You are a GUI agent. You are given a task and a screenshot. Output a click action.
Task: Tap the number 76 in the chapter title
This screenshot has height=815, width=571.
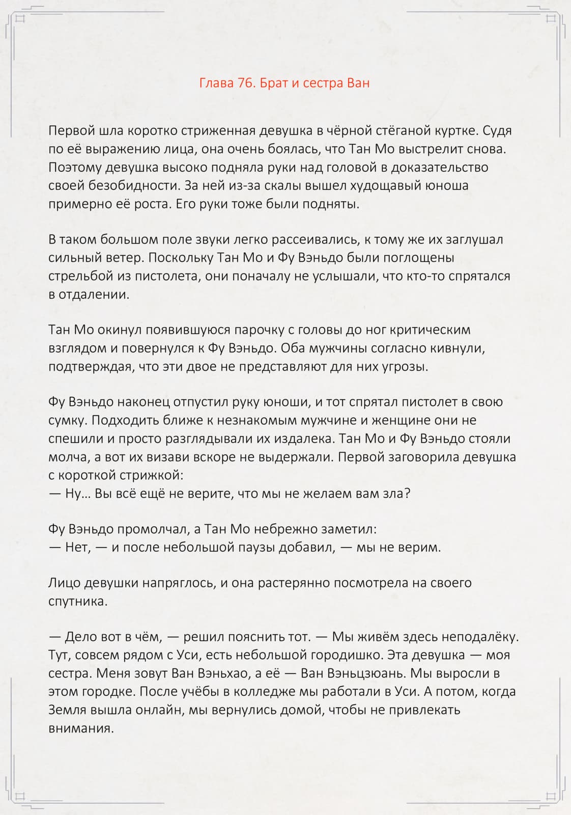(246, 83)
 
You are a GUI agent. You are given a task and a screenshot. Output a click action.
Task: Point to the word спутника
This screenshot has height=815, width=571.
(78, 602)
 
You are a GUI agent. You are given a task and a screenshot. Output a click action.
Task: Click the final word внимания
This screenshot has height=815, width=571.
(81, 728)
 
